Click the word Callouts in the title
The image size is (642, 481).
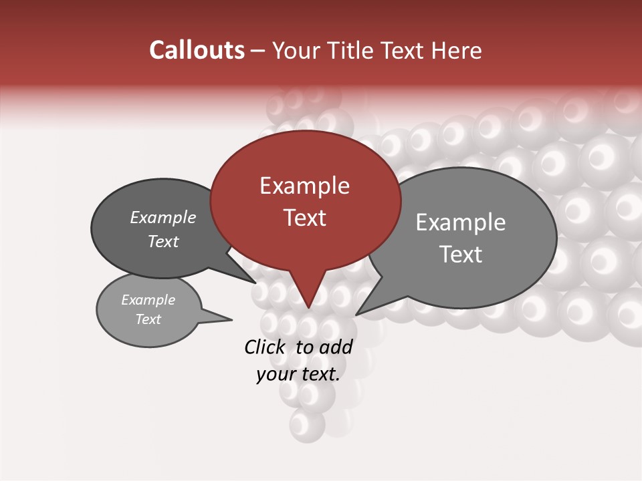[197, 50]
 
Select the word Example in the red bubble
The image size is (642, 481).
[304, 186]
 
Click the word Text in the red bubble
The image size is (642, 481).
[304, 218]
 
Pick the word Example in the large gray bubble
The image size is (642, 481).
[461, 222]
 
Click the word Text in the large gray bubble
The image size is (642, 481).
[461, 255]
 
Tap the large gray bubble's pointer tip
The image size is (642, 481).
[356, 314]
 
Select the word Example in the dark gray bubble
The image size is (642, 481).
[163, 218]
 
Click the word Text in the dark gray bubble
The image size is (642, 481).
[163, 241]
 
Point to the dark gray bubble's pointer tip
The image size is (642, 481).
[255, 283]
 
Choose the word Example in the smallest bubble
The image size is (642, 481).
[148, 300]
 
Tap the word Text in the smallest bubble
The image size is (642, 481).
[148, 319]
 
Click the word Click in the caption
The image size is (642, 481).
[264, 347]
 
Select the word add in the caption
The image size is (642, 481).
[336, 347]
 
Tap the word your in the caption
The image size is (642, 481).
[275, 374]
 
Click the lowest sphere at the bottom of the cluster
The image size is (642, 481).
[307, 424]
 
